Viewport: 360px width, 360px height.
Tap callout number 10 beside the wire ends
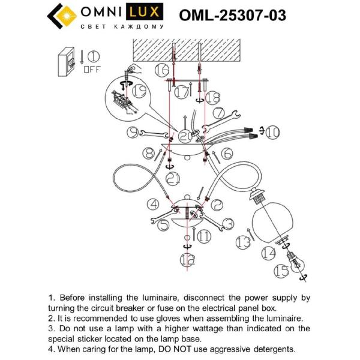[272, 131]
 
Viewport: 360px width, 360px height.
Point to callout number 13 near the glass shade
[242, 242]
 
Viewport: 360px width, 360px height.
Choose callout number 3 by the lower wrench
[227, 223]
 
